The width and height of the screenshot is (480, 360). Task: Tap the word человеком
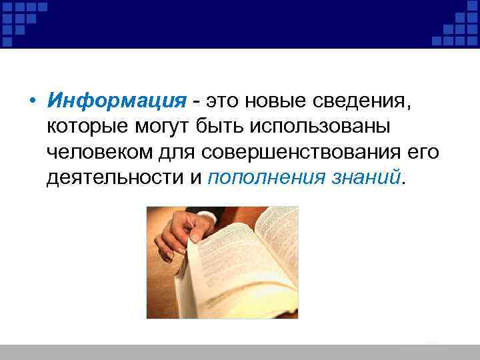point(97,153)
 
